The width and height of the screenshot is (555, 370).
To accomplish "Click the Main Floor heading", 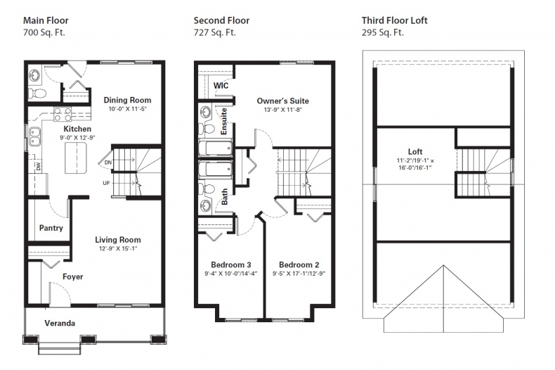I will coord(46,20).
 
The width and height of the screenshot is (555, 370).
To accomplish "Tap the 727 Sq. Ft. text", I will coord(214,32).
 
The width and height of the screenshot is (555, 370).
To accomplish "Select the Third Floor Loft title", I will coord(394,20).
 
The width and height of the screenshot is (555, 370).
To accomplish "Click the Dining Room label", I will coord(127,100).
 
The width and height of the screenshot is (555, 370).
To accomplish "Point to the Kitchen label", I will coord(77,129).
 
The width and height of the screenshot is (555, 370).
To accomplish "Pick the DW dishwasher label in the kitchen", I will coord(37,166).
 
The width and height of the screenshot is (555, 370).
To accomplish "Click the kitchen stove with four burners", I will coord(64,114).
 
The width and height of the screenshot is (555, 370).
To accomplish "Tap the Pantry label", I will coord(51,228).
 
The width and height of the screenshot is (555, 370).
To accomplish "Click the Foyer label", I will coord(72,276).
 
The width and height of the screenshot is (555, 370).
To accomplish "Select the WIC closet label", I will coord(221,85).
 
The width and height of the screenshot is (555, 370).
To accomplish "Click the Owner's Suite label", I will coord(282,101).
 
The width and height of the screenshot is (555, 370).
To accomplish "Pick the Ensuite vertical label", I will coord(224,121).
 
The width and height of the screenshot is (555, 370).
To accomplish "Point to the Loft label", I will coord(416,151).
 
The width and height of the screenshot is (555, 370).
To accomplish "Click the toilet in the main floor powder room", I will coord(39,92).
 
